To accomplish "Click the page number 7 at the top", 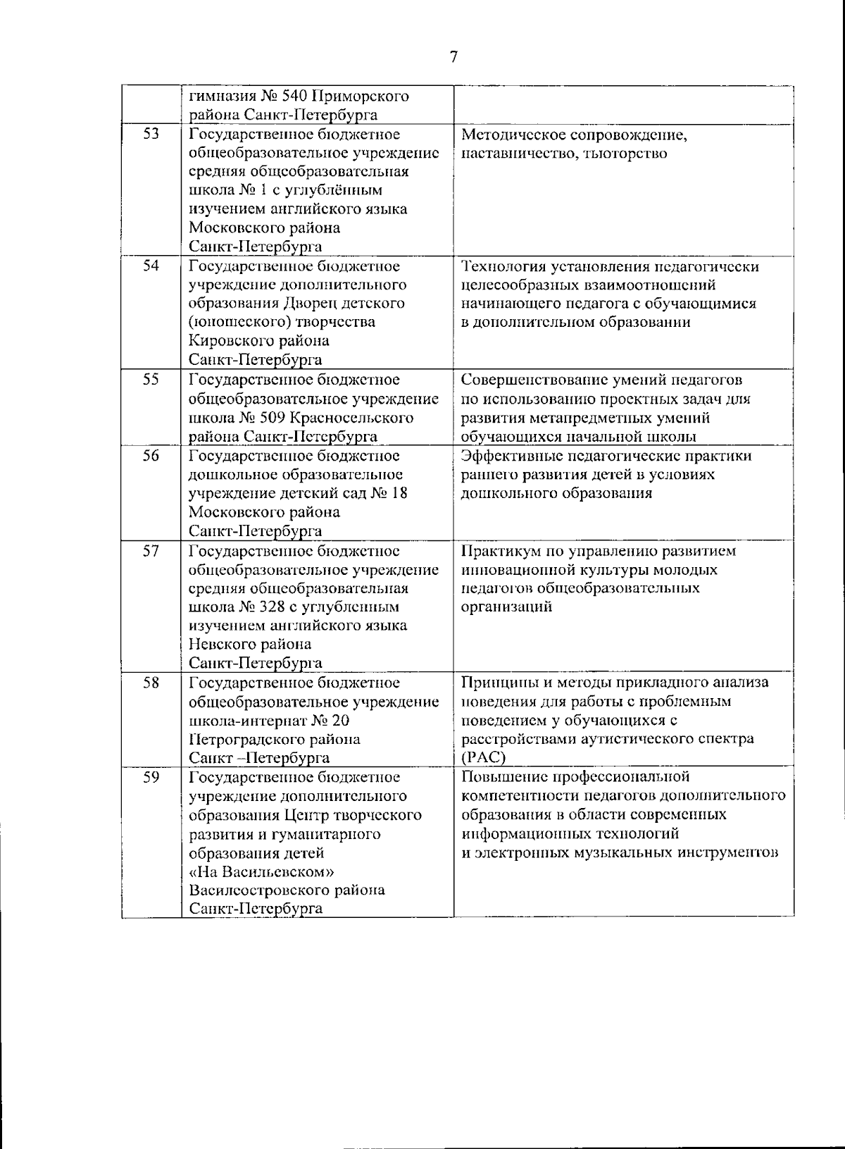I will click(x=453, y=57).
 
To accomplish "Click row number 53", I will click(x=151, y=134).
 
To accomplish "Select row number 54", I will click(x=151, y=266).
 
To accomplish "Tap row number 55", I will click(x=151, y=380).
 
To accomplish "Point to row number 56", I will click(x=151, y=455).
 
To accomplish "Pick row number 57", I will click(x=151, y=550).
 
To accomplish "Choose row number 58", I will click(x=151, y=682).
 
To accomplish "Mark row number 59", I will click(x=151, y=777).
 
